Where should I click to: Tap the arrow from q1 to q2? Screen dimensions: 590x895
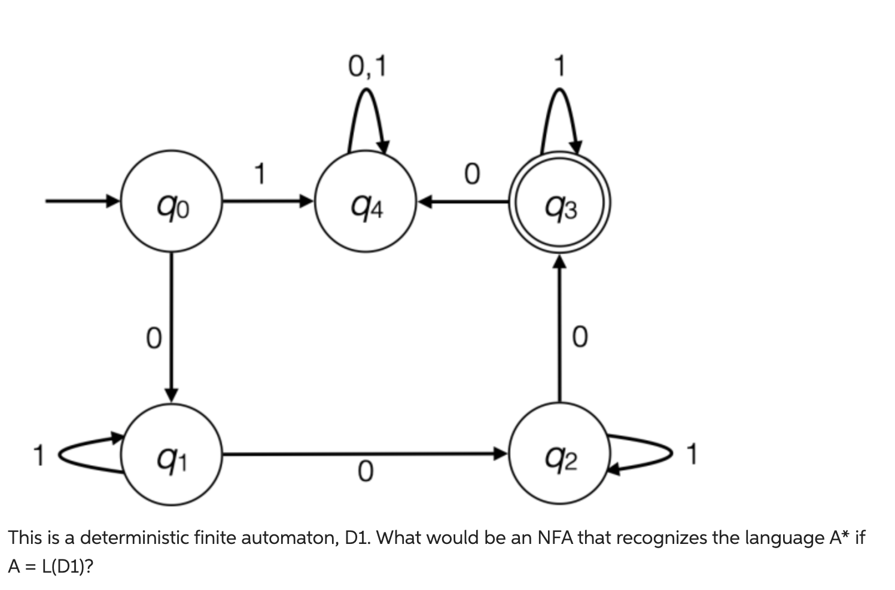coord(365,455)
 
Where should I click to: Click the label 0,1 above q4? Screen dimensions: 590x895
coord(367,66)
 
